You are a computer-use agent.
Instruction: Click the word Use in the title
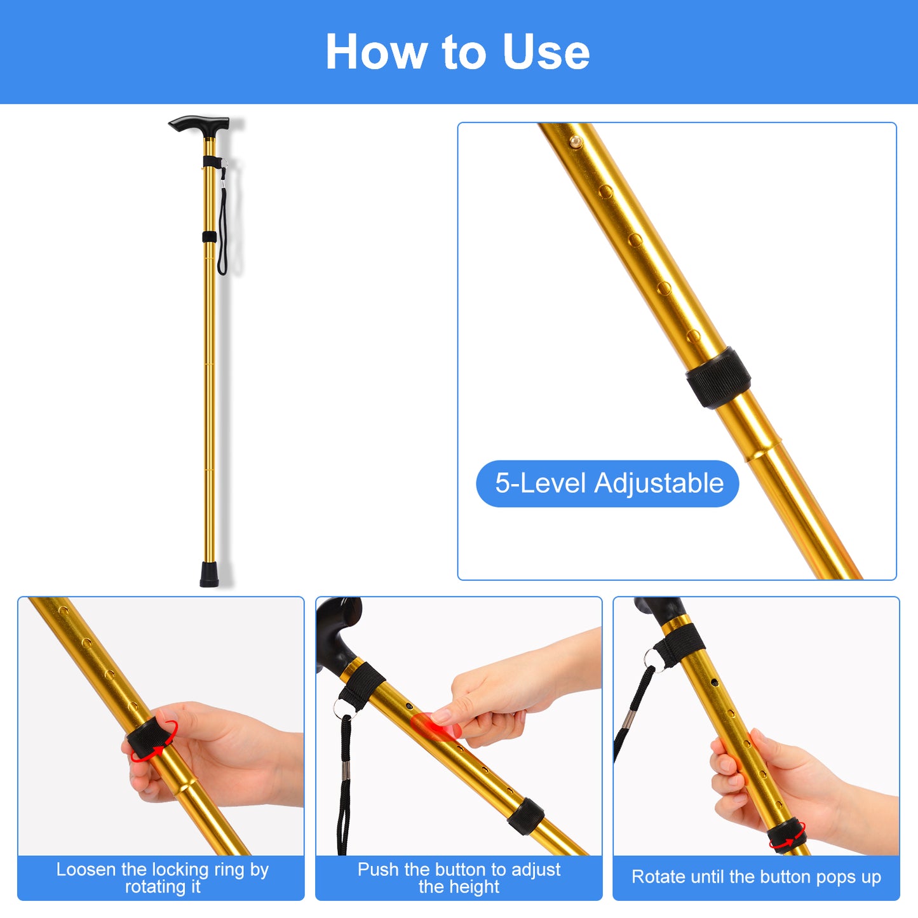pyautogui.click(x=546, y=51)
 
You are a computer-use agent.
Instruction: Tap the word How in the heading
pyautogui.click(x=376, y=51)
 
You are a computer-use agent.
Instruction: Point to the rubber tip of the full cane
pyautogui.click(x=209, y=574)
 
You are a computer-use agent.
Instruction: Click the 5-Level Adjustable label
pyautogui.click(x=608, y=483)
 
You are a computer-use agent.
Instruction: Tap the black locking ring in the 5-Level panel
pyautogui.click(x=719, y=378)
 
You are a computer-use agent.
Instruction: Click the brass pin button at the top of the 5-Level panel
pyautogui.click(x=576, y=142)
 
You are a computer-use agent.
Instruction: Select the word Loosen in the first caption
pyautogui.click(x=86, y=870)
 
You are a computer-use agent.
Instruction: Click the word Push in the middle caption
pyautogui.click(x=378, y=870)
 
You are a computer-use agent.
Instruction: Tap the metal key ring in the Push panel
pyautogui.click(x=342, y=710)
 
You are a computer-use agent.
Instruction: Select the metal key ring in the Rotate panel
pyautogui.click(x=652, y=660)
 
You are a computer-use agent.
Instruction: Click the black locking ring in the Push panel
pyautogui.click(x=525, y=816)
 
